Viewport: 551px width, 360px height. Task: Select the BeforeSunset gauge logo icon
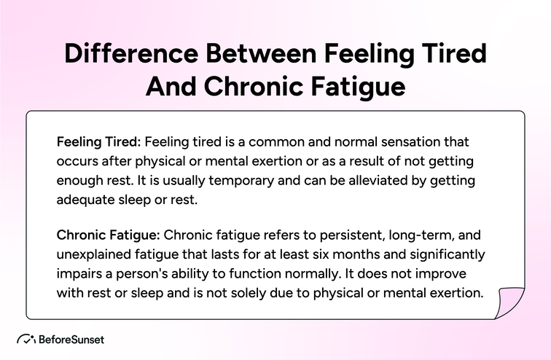click(27, 340)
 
